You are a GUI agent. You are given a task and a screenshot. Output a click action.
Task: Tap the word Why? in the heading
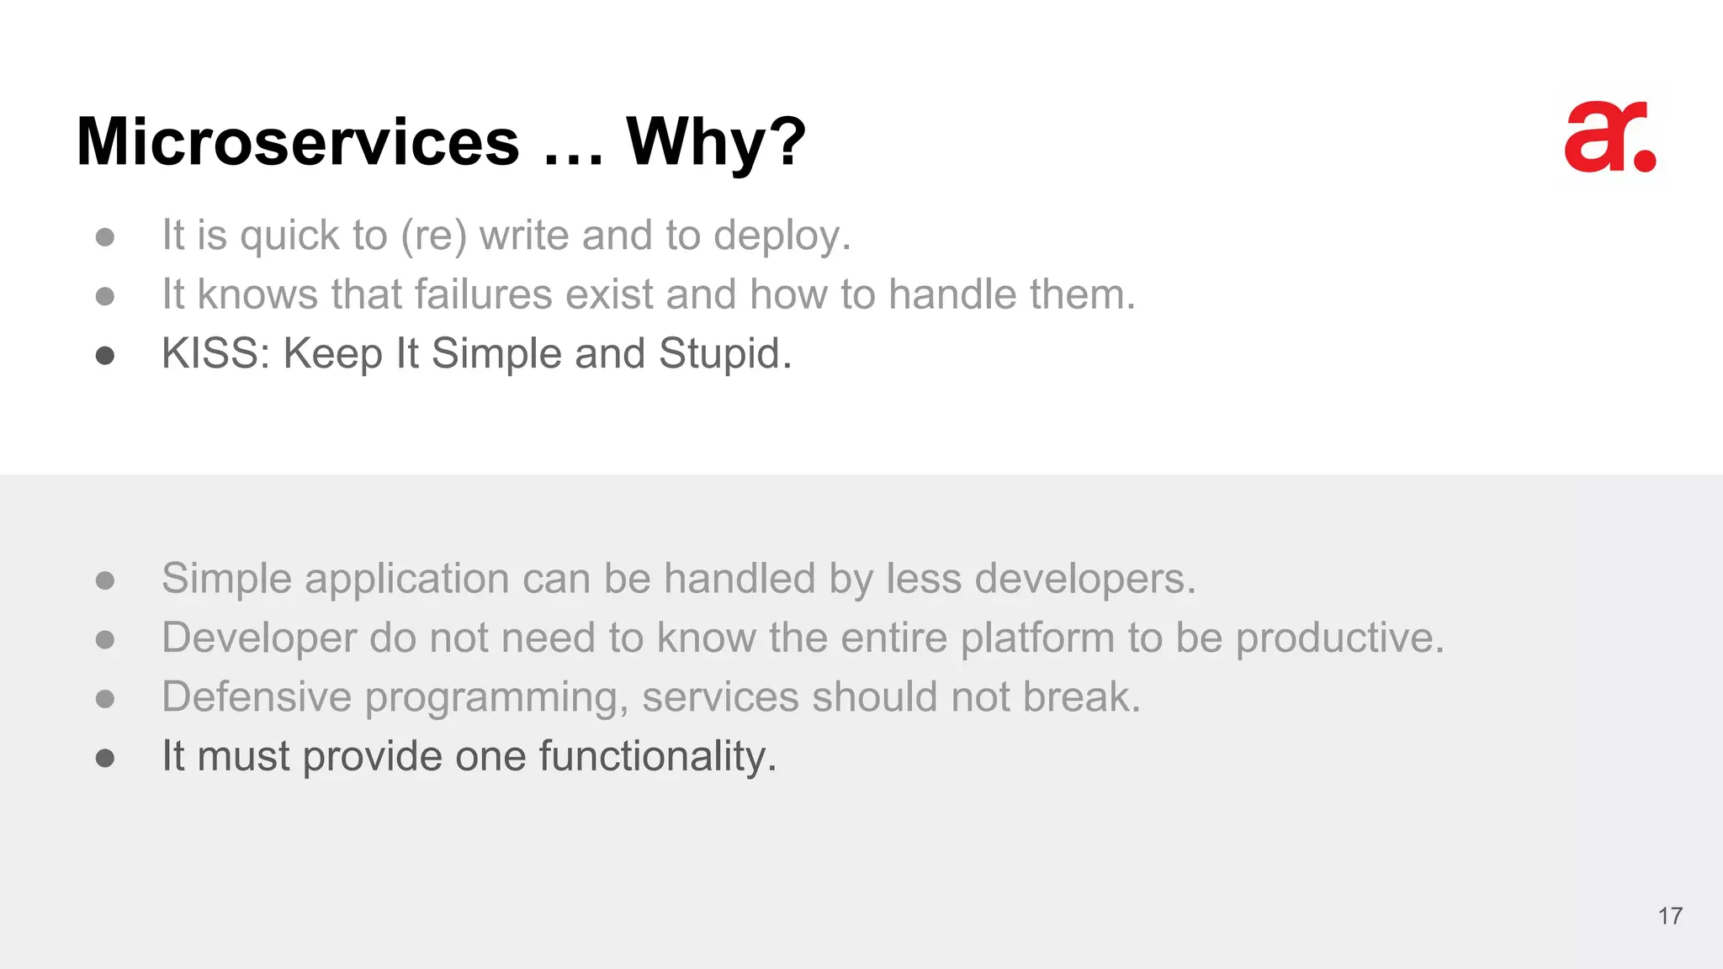coord(716,143)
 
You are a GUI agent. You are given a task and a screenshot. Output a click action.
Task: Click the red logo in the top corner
coord(1609,137)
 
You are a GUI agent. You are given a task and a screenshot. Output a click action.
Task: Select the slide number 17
coord(1670,916)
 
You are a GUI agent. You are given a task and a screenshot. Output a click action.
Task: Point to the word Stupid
coord(724,353)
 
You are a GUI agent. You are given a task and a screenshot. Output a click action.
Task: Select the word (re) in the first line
coord(433,236)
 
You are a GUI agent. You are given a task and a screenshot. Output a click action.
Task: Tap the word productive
coord(1339,638)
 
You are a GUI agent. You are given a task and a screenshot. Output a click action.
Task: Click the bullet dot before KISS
coord(105,356)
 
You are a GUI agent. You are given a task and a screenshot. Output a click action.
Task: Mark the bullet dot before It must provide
coord(105,759)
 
